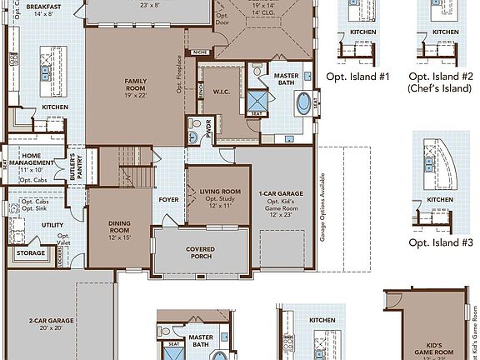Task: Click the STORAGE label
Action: pos(31,253)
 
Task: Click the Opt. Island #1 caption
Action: pos(358,76)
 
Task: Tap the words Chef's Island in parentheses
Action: pos(439,87)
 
